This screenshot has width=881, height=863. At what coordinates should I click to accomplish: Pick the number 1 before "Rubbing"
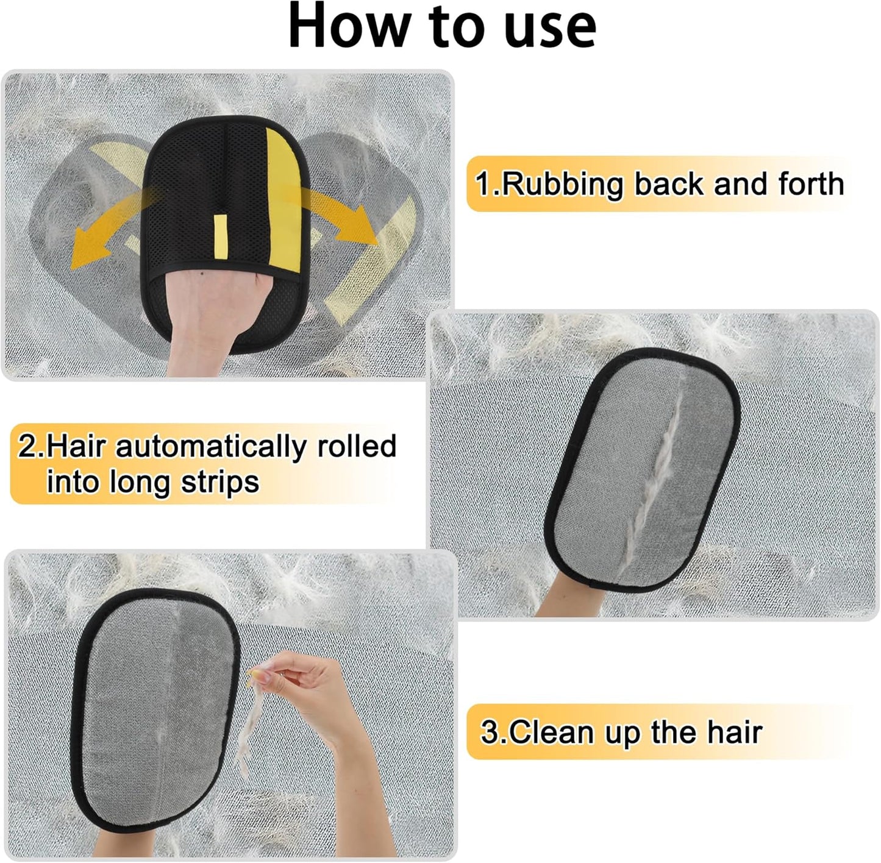(x=483, y=185)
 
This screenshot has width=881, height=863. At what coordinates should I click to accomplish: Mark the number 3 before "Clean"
(x=488, y=732)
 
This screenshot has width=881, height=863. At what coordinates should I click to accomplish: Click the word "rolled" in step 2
(x=357, y=446)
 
